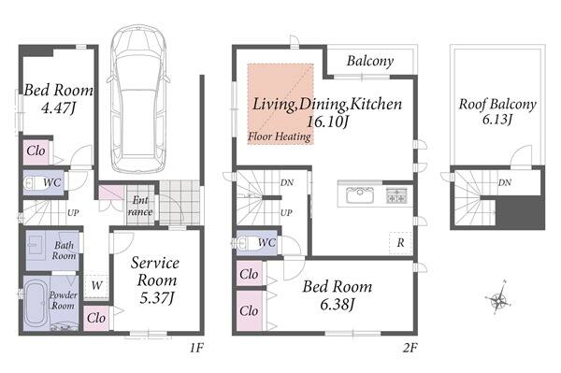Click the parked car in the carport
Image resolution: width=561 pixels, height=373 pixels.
click(x=137, y=99)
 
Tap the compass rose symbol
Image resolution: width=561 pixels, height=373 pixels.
click(x=498, y=297)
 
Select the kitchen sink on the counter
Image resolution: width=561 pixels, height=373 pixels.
click(x=360, y=194)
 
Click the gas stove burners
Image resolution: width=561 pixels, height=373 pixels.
click(x=396, y=195)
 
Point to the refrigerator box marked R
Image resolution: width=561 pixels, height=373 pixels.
click(x=400, y=243)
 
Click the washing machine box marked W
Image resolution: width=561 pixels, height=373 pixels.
click(x=96, y=285)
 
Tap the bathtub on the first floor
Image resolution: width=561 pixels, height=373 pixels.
click(x=36, y=303)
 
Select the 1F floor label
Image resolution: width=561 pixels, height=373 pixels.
click(x=196, y=347)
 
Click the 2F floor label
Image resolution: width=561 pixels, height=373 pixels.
click(x=410, y=347)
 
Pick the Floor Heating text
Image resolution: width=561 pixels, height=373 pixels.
click(x=280, y=136)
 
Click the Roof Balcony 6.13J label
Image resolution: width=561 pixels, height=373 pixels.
click(x=497, y=111)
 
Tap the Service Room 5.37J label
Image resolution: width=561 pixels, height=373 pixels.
click(x=155, y=280)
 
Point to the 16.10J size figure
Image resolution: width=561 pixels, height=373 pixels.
click(x=327, y=122)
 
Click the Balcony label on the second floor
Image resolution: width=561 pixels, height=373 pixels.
click(x=370, y=61)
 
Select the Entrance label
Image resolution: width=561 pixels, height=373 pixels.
click(x=140, y=206)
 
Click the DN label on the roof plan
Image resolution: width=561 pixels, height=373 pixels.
click(x=505, y=182)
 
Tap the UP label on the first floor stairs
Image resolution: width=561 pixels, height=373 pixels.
click(x=73, y=213)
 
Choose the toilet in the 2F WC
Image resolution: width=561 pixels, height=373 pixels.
click(x=245, y=243)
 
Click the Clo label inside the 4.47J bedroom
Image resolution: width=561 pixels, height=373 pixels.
click(x=36, y=151)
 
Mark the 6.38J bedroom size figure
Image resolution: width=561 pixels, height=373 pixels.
click(x=337, y=305)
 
